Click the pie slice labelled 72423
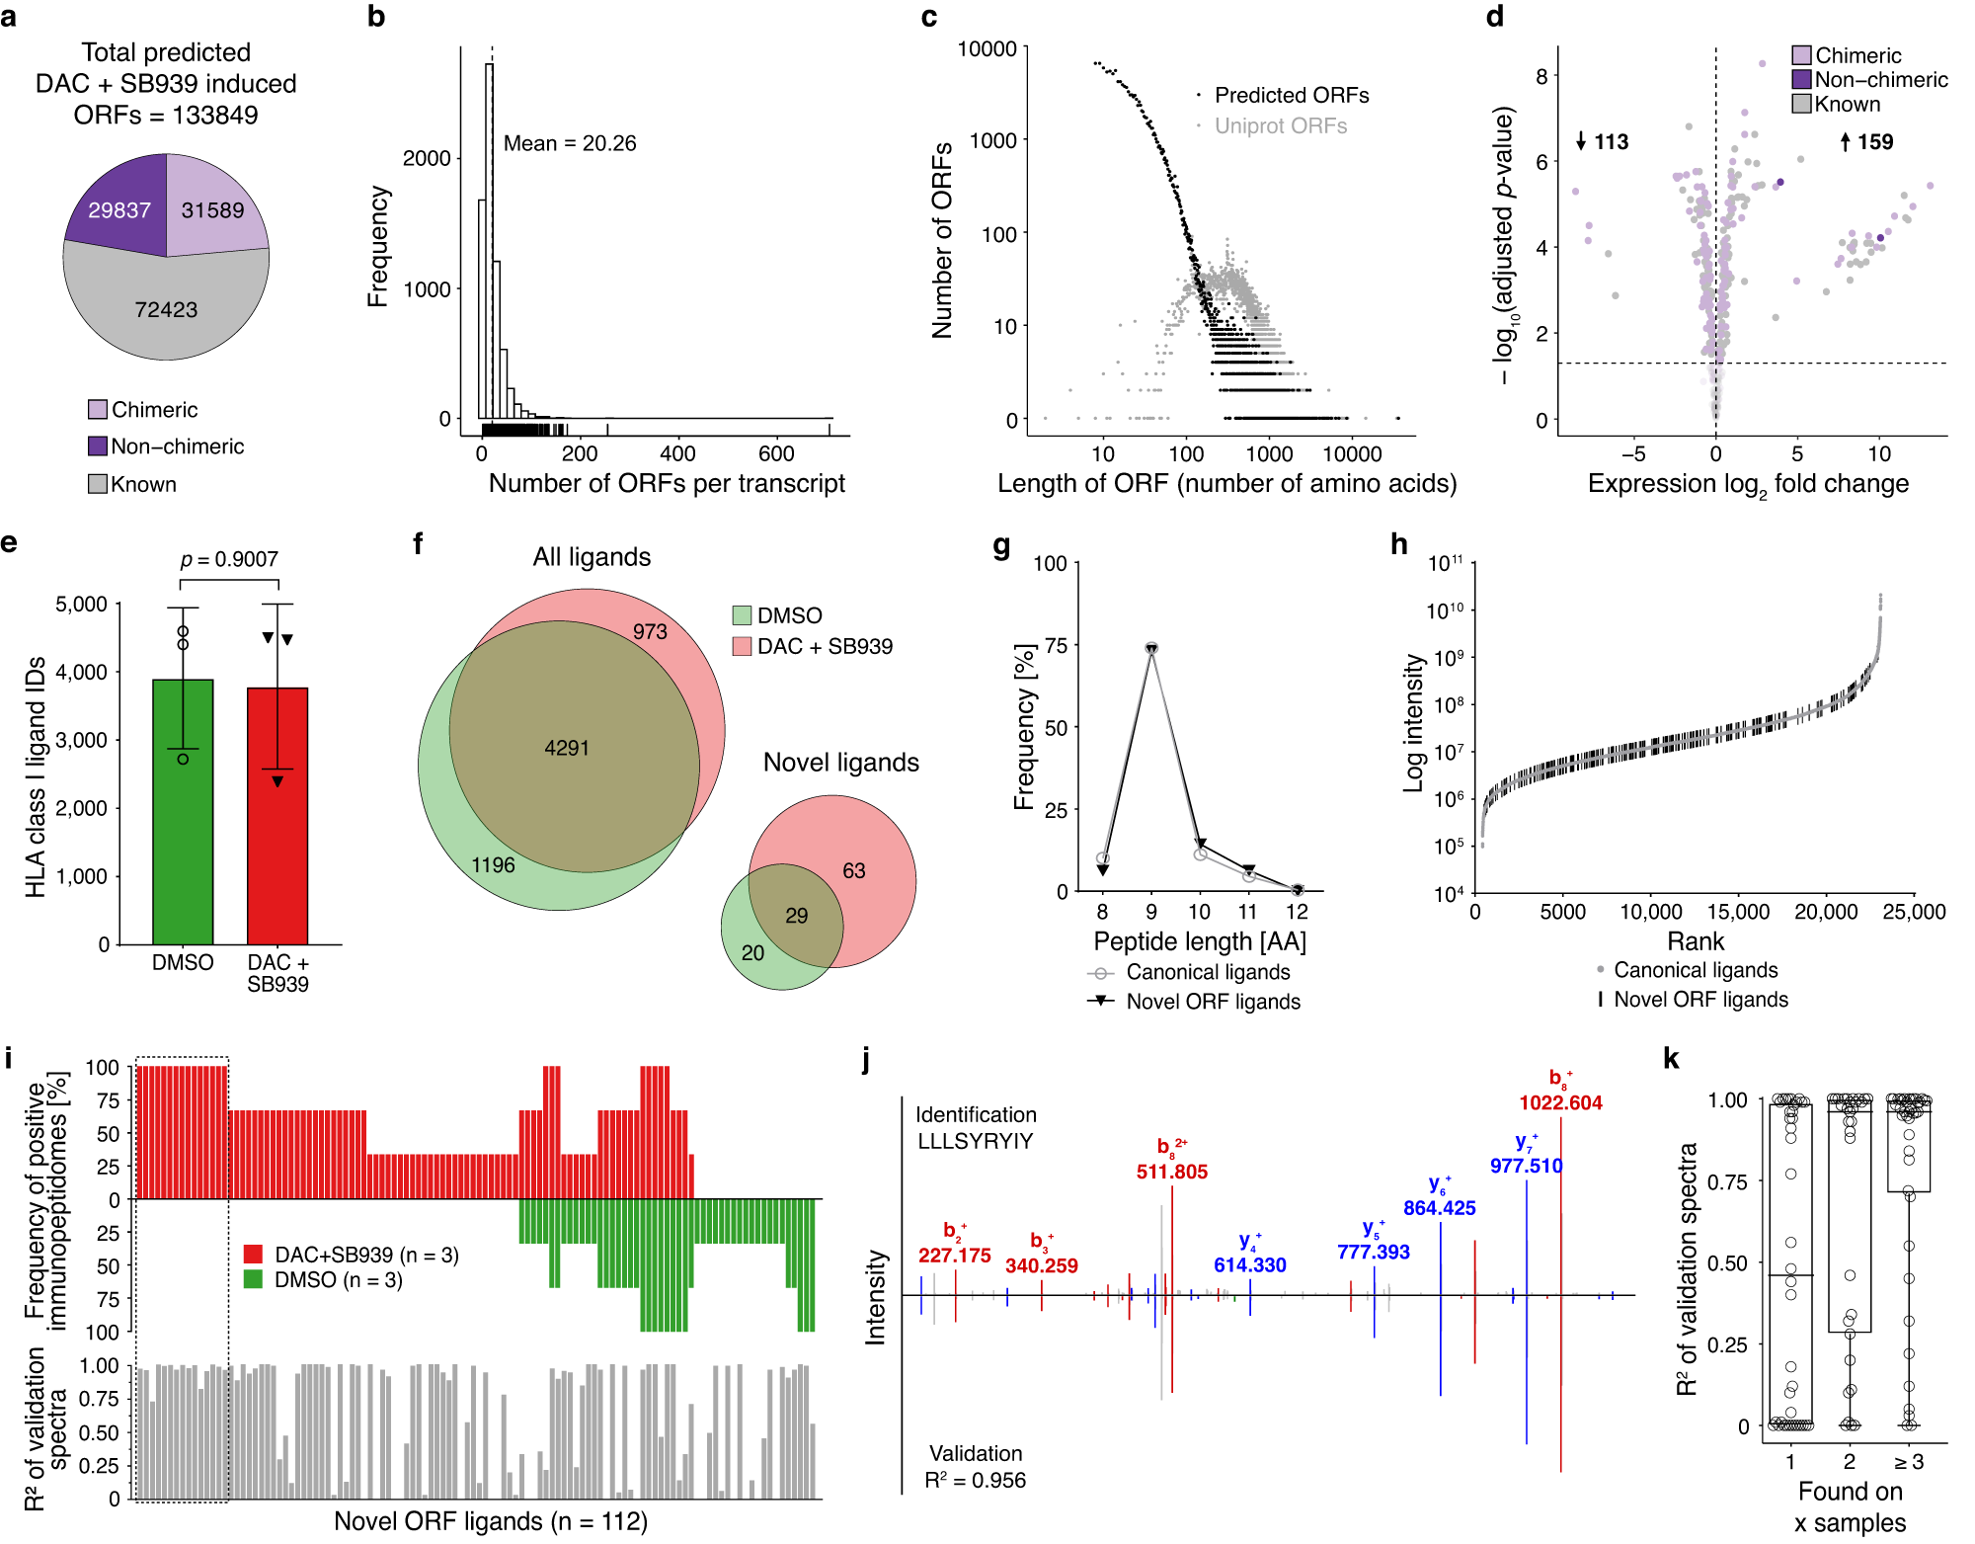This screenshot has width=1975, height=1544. click(166, 309)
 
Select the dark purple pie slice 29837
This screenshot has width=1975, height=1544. click(118, 209)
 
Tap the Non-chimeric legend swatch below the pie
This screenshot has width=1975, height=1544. click(98, 447)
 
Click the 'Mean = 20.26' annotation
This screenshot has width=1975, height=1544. click(570, 143)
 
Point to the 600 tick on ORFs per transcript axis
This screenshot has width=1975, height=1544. click(776, 453)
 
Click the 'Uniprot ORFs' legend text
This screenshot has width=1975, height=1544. click(1280, 125)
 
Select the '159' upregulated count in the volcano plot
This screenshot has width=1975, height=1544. click(1874, 141)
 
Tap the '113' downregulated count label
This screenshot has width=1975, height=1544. click(1610, 141)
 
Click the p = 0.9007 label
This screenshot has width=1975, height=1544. click(229, 559)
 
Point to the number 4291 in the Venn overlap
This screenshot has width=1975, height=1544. click(567, 748)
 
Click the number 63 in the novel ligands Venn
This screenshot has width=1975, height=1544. click(853, 870)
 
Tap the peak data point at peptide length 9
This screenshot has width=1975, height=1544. click(1150, 648)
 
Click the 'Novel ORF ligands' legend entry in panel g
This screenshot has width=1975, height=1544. click(1213, 1002)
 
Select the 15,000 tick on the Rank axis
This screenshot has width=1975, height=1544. click(1738, 912)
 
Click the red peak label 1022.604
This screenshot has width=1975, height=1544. click(1560, 1102)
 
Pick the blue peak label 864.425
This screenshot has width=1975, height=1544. click(1439, 1207)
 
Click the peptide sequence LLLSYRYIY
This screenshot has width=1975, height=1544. click(975, 1141)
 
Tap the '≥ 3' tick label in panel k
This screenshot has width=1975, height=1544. click(1908, 1461)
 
